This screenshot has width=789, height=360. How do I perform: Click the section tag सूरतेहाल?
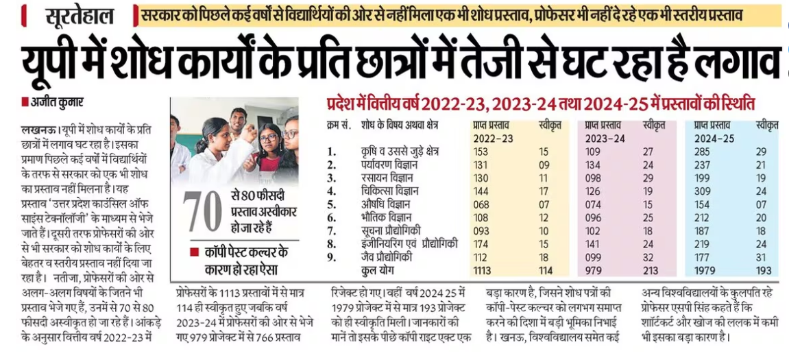[81, 16]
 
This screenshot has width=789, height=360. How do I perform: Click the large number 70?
[202, 213]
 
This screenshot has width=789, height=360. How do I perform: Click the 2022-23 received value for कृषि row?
[483, 151]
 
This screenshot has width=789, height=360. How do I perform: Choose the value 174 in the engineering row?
[483, 243]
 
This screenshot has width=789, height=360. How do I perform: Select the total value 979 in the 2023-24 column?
[594, 269]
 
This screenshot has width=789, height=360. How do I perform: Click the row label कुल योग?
[380, 269]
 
